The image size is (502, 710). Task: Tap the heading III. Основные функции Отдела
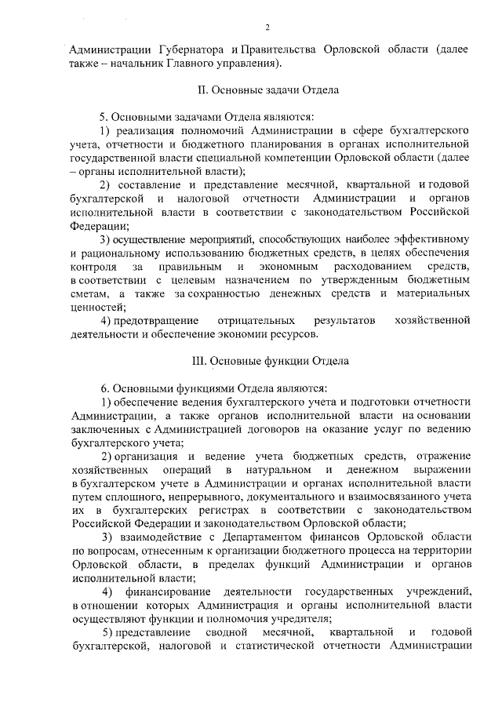point(266,362)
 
